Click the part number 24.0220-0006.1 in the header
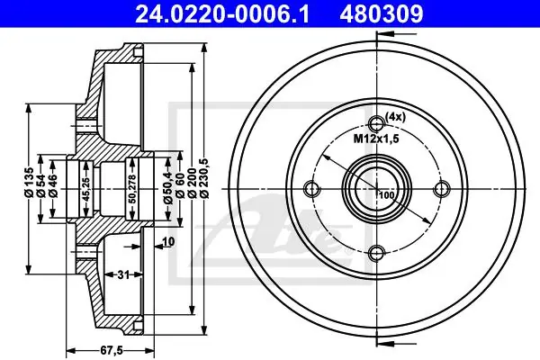(x=222, y=14)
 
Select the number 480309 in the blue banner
(x=382, y=14)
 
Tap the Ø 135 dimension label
(x=29, y=182)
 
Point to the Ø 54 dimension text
(x=41, y=185)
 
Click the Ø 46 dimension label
(x=53, y=185)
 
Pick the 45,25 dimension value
(x=86, y=189)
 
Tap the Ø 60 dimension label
(x=180, y=185)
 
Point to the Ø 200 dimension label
(x=193, y=183)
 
